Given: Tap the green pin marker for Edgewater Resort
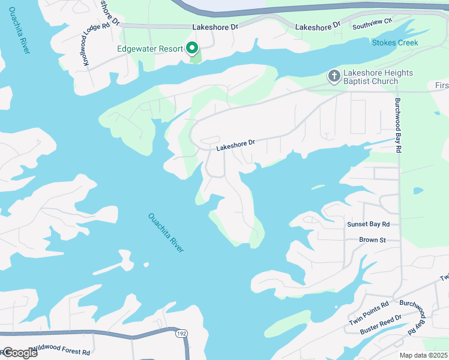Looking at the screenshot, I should coord(193,48).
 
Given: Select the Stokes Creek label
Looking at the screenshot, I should coord(394,43).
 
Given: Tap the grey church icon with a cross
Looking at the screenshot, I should coord(334,76).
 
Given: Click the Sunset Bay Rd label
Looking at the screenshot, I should coord(369,224).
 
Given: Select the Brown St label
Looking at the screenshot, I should coord(372,240).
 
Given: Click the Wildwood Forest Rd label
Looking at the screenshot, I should coord(61,348).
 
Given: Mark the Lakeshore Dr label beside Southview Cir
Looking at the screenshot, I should coord(318,26).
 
